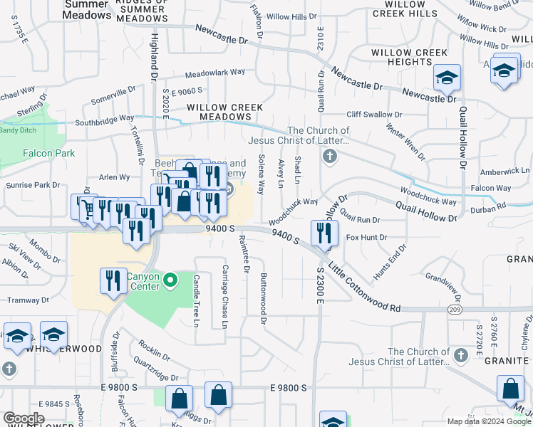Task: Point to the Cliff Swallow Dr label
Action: (x=374, y=115)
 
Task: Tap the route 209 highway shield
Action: (x=453, y=310)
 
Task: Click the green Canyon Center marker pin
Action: (x=170, y=281)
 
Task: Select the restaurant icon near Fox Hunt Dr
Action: (x=324, y=232)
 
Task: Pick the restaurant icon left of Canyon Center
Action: (x=112, y=280)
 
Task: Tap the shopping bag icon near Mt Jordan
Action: (x=510, y=389)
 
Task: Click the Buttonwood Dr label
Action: (x=264, y=300)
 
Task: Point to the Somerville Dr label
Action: (x=113, y=94)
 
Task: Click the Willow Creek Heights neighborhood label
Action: (x=409, y=58)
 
